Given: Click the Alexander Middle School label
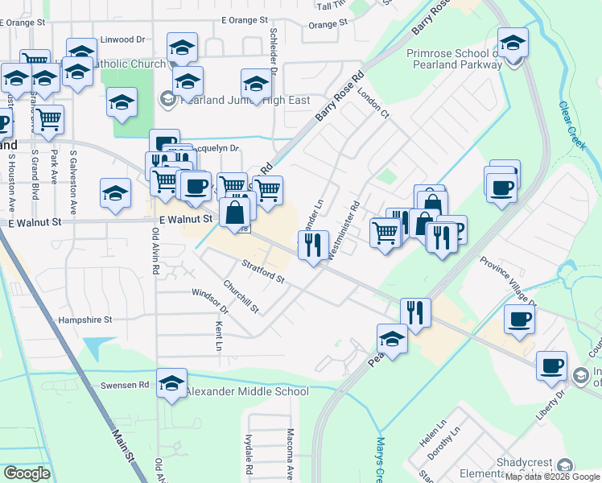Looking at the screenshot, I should (247, 392).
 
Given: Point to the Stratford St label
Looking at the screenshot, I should (263, 271).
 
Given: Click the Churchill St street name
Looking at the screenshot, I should (241, 297).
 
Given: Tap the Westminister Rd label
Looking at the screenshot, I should (343, 229).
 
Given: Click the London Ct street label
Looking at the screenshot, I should (373, 103).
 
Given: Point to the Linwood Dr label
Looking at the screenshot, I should (122, 39).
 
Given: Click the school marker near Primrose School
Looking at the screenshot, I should (512, 44).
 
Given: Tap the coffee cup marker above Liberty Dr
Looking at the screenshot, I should (551, 366).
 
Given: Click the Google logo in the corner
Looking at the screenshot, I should (27, 473).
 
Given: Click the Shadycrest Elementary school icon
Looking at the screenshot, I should (565, 466).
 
